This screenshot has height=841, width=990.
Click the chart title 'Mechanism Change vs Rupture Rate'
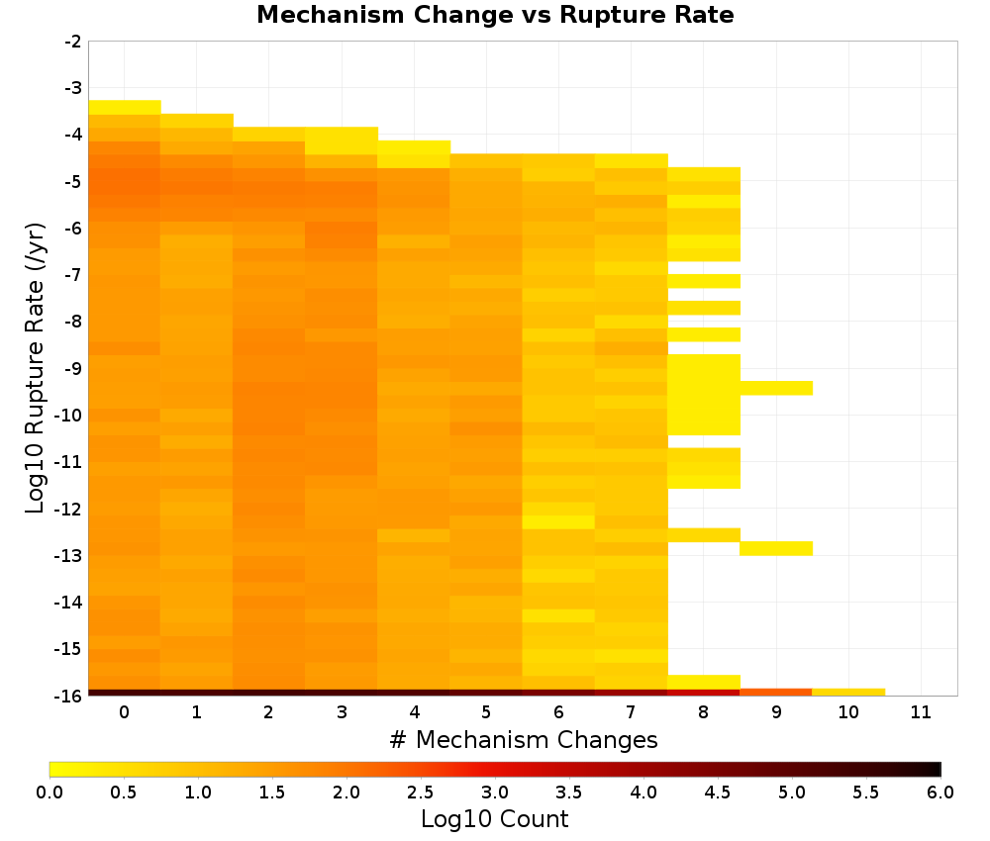coord(495,15)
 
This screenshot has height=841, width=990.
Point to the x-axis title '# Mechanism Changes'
coord(524,739)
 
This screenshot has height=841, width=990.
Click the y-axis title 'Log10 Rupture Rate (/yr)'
coord(36,368)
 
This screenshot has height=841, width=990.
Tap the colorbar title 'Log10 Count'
coord(494,819)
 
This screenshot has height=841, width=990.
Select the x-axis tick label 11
coord(921,712)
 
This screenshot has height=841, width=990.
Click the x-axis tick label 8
coord(703,712)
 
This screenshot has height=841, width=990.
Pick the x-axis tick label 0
coord(125,712)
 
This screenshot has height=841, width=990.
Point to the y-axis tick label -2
coord(73,42)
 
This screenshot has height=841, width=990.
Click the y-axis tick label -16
coord(69,696)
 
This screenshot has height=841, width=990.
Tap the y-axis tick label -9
coord(73,368)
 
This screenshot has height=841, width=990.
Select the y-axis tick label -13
coord(69,555)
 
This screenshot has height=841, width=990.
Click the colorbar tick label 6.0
coord(940,792)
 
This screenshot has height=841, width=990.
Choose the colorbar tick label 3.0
coord(495,792)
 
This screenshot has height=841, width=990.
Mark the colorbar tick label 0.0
coord(49,792)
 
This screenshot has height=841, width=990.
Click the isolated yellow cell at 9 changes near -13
coord(776,548)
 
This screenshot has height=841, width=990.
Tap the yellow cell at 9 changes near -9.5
coord(776,388)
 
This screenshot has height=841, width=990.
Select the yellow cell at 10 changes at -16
coord(848,693)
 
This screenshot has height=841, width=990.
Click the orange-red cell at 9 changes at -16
coord(776,693)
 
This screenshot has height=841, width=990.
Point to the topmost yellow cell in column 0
coord(125,107)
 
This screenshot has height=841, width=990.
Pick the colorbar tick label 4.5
coord(717,792)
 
